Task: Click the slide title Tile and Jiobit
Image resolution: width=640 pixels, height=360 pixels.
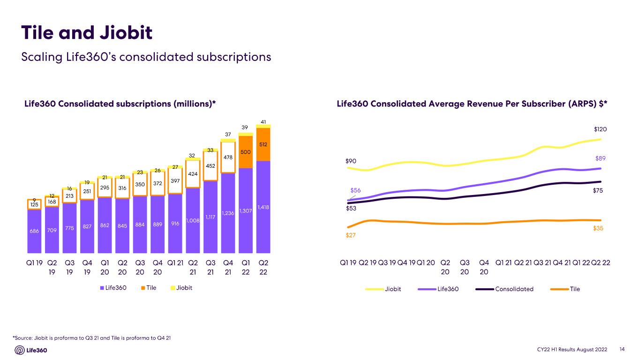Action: (87, 32)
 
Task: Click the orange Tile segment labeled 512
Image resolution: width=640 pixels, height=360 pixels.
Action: (263, 144)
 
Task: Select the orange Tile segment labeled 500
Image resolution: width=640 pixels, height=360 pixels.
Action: (245, 152)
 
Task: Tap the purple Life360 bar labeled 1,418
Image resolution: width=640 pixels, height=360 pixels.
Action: (263, 207)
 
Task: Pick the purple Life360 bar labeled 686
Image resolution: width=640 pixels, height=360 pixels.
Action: (34, 231)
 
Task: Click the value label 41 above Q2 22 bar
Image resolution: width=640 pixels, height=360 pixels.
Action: (263, 122)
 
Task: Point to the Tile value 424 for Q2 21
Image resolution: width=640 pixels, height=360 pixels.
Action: (193, 174)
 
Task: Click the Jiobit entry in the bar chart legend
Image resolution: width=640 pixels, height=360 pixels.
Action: (181, 288)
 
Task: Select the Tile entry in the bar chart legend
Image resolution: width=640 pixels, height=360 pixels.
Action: (149, 288)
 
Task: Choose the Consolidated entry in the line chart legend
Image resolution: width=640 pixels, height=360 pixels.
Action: (504, 289)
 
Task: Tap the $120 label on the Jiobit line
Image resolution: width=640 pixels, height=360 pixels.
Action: (600, 129)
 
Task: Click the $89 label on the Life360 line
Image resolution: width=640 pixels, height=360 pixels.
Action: (600, 158)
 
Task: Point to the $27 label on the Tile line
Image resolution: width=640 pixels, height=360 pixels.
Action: (351, 235)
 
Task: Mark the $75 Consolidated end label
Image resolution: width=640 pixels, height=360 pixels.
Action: (598, 191)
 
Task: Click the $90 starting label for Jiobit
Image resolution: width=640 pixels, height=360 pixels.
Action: (351, 161)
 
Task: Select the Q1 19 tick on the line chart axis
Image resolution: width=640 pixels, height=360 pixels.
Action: (348, 262)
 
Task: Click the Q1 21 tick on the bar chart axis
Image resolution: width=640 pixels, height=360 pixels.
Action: (175, 263)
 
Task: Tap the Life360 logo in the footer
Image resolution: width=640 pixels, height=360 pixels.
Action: (31, 350)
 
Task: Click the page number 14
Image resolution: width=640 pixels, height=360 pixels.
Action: (622, 349)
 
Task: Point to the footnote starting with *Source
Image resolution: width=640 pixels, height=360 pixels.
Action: (92, 338)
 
